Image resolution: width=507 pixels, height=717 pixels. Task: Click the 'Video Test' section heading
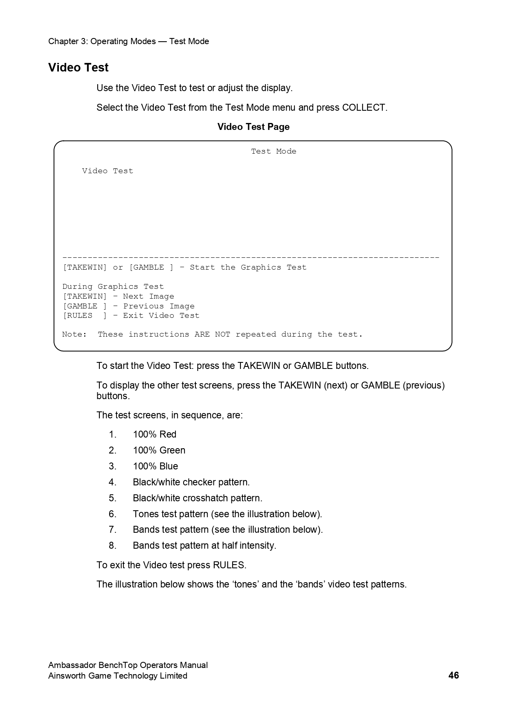[x=78, y=68]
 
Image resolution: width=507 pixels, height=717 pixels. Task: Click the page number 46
[x=453, y=675]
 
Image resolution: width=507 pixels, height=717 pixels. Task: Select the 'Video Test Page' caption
[x=253, y=127]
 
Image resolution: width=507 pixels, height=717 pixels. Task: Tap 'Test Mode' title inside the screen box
[x=274, y=152]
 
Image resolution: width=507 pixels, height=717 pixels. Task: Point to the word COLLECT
[x=363, y=108]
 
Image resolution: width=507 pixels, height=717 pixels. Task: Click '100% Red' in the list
[x=155, y=435]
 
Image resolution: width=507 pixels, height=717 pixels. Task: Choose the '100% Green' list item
[x=159, y=451]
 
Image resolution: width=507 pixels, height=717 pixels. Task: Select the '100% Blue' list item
[x=155, y=467]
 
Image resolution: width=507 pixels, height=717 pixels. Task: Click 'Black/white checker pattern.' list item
[x=191, y=482]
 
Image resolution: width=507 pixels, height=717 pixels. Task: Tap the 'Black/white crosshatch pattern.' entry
[x=197, y=498]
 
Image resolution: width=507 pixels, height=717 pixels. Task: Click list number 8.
[x=112, y=546]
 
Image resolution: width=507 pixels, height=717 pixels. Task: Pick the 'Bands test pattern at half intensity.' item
[x=204, y=546]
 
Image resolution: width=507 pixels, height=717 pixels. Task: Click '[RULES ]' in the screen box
[x=84, y=316]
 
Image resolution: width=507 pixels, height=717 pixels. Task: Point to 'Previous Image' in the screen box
[x=159, y=306]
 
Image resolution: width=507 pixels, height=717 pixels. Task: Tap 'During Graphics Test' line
[x=113, y=287]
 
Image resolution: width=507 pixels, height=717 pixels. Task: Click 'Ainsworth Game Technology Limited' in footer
[x=118, y=676]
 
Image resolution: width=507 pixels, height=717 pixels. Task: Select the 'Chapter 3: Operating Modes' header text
[x=102, y=42]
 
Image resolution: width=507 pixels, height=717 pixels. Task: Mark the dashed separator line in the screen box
[x=251, y=258]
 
